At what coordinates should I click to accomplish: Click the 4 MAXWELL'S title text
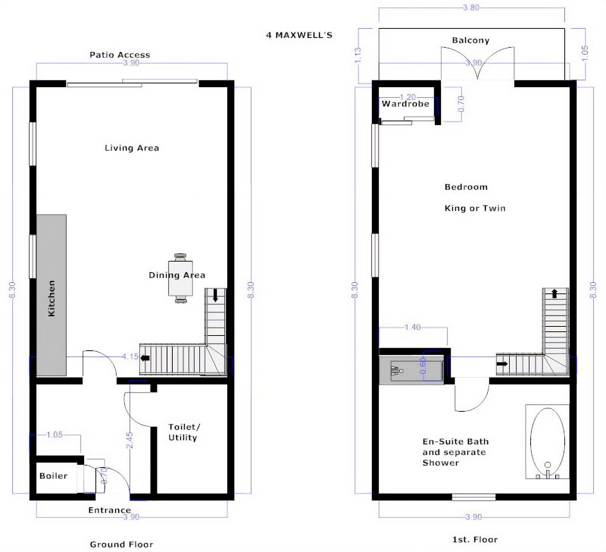click(299, 35)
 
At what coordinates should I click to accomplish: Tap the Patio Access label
click(120, 55)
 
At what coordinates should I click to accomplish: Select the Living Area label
click(132, 148)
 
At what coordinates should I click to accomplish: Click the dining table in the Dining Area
click(181, 279)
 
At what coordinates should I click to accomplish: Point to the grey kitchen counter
click(52, 295)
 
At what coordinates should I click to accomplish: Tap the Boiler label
click(53, 476)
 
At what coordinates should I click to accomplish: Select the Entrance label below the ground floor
click(109, 510)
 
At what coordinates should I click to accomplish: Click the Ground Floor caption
click(122, 544)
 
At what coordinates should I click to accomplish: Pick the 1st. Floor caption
click(475, 539)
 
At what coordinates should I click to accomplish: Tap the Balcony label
click(471, 41)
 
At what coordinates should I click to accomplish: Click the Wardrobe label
click(406, 104)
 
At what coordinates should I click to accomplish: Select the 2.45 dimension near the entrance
click(130, 440)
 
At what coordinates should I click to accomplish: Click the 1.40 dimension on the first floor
click(412, 327)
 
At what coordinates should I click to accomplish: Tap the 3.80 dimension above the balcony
click(471, 8)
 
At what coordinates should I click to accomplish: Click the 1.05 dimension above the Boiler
click(55, 434)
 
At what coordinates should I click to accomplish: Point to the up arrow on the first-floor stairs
click(555, 293)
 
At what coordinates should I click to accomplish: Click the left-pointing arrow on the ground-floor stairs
click(145, 358)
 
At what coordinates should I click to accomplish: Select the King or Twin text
click(475, 208)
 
